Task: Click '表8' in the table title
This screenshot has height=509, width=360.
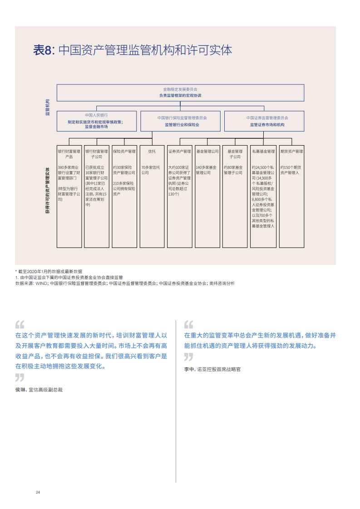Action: (x=44, y=50)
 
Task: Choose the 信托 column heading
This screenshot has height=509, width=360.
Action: (x=152, y=151)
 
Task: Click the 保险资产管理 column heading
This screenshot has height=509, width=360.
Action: (x=124, y=151)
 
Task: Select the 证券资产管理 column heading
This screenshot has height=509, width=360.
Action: (x=179, y=151)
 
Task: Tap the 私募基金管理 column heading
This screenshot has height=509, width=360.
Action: (x=263, y=151)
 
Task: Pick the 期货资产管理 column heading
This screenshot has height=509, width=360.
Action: (x=291, y=151)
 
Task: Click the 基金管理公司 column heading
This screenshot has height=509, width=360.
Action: (x=207, y=151)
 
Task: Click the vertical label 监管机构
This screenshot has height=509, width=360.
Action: (x=47, y=107)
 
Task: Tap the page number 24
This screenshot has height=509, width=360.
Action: (x=38, y=492)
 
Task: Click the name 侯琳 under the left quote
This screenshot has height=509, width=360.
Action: (x=20, y=389)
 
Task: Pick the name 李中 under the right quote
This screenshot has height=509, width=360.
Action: (x=189, y=369)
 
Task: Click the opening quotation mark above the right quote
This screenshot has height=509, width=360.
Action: (x=188, y=325)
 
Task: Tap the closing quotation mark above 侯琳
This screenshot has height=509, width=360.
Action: (x=20, y=377)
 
